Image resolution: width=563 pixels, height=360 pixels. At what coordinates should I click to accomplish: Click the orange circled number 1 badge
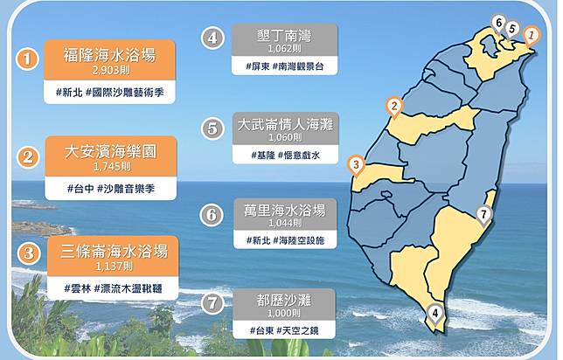[27, 59]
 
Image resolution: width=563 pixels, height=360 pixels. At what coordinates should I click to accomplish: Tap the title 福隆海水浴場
[109, 55]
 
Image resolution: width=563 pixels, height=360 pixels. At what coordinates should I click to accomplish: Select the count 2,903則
[110, 70]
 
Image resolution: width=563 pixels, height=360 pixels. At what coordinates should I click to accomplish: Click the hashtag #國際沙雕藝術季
[125, 93]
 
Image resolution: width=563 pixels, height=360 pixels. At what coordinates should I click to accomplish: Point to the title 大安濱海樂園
[111, 151]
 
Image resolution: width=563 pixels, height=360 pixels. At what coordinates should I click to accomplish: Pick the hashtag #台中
[80, 189]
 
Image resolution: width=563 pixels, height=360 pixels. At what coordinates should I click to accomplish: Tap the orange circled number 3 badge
[28, 253]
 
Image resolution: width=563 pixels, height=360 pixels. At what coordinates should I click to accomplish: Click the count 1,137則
[114, 267]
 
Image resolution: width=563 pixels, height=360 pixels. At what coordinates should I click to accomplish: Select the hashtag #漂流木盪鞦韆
[128, 288]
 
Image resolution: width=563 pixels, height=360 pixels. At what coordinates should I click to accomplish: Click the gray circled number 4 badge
[212, 38]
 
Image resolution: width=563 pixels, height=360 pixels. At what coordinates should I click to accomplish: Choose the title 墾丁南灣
[284, 36]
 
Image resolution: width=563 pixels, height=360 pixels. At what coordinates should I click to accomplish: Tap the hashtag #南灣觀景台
[298, 66]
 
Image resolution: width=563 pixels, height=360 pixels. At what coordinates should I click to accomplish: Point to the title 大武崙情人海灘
[286, 125]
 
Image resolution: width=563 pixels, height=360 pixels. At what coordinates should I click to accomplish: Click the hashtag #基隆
[263, 155]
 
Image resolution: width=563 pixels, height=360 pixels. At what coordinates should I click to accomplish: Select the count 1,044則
[285, 223]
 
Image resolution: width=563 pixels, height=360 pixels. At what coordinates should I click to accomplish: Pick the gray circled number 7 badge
[212, 303]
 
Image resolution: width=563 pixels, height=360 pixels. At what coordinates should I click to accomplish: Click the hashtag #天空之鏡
[297, 330]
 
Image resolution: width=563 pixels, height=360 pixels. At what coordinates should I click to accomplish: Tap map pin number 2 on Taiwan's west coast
[394, 107]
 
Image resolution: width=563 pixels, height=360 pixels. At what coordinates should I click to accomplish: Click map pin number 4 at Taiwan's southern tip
[435, 315]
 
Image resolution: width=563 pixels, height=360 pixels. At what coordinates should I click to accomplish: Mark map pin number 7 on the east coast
[483, 215]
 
